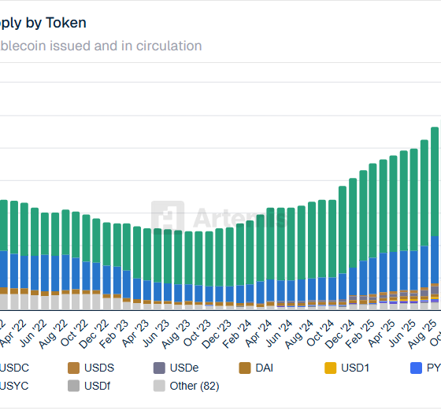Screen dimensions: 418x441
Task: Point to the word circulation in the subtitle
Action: pos(163,46)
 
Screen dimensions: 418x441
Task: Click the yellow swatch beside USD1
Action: pos(330,368)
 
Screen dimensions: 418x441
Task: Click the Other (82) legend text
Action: pos(195,386)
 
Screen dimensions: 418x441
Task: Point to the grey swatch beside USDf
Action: pos(74,386)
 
